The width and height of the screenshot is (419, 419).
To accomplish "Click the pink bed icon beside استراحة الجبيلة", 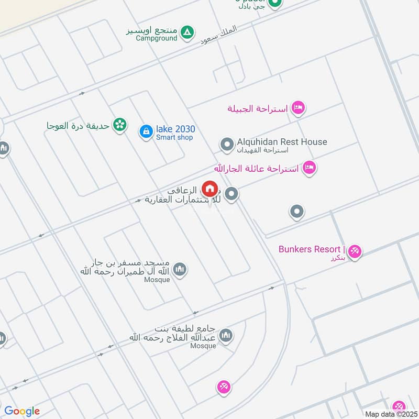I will pos(298,108).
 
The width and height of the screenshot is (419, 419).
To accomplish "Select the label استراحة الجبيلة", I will pos(257,109).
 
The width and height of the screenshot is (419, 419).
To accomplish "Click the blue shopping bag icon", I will pos(146,131).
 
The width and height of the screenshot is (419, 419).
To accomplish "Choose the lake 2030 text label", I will pos(175,129).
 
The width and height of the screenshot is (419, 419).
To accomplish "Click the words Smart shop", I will pos(174,138).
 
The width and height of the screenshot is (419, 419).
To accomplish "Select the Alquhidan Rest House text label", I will pos(282,141).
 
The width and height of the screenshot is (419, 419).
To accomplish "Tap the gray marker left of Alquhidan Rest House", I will pos(227,145).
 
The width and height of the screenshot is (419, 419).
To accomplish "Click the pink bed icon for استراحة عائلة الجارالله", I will pos(310,168).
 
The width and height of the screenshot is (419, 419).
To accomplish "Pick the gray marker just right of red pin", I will pos(232,195).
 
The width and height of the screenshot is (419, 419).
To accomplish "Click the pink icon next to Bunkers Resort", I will pos(355,251).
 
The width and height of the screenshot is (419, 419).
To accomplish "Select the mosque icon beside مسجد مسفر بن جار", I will pos(180,270).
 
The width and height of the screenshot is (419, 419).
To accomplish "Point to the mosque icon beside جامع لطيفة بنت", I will pos(226,335).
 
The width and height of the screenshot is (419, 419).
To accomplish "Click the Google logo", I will pos(22,411).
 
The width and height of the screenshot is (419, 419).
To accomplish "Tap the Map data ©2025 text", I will pos(390,414).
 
